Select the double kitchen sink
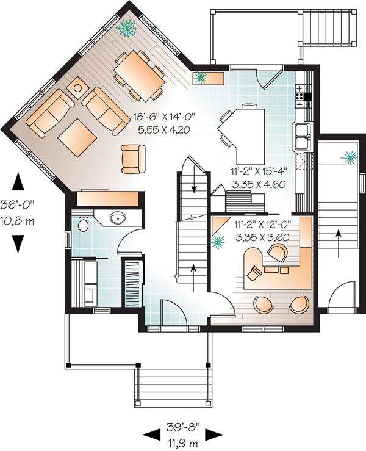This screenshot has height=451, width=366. (303, 137)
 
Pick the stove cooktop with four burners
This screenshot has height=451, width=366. (303, 92)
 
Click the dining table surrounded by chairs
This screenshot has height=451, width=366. (139, 76)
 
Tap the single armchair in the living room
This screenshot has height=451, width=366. (134, 158)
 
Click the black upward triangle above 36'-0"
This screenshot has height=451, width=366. (18, 181)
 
